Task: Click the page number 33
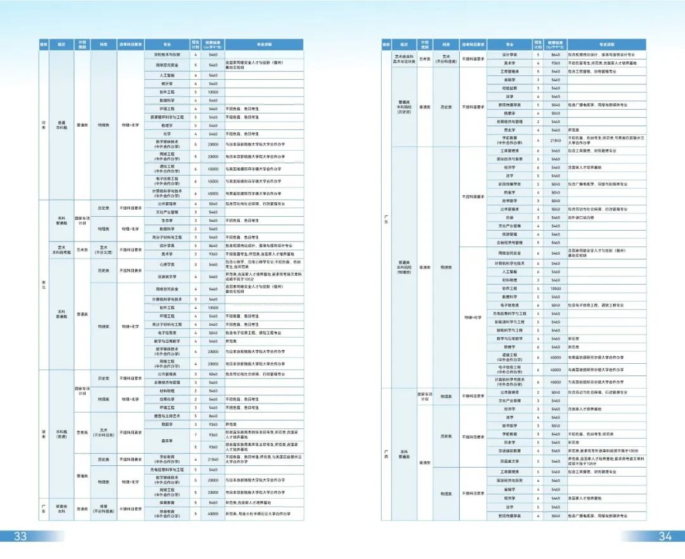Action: (20, 536)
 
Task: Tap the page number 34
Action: (664, 536)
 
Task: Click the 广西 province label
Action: (386, 454)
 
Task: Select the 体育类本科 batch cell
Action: (62, 508)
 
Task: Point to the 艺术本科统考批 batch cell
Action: (62, 250)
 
